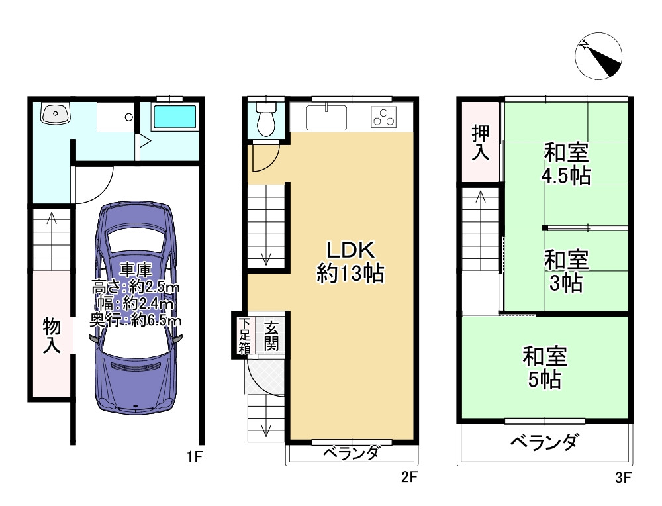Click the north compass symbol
598,56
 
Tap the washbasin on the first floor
55,115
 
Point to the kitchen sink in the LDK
326,118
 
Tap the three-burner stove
383,117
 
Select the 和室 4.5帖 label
567,164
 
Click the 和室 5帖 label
545,368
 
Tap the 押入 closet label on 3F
480,143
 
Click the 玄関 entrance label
271,335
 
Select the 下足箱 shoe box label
245,335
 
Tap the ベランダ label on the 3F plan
545,442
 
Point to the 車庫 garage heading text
136,270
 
